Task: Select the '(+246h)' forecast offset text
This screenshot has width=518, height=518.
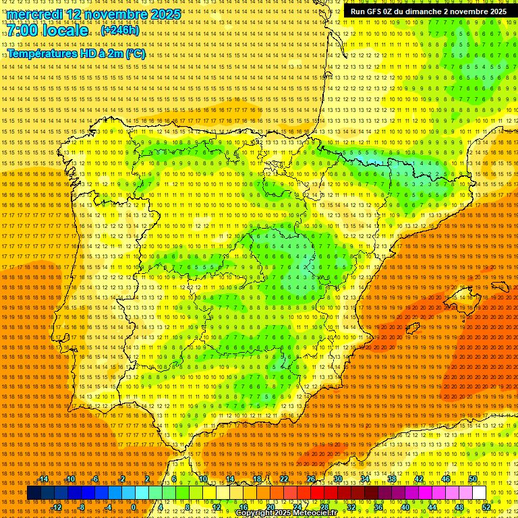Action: pyautogui.click(x=119, y=30)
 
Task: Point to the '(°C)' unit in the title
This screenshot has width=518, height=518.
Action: pyautogui.click(x=135, y=53)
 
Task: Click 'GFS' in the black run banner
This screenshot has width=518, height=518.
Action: pyautogui.click(x=378, y=11)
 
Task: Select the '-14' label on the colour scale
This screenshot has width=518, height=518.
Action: pyautogui.click(x=43, y=479)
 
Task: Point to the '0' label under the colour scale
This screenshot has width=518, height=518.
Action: pyautogui.click(x=134, y=507)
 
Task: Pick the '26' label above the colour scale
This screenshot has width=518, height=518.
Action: pyautogui.click(x=311, y=479)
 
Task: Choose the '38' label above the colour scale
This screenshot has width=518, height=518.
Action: pyautogui.click(x=392, y=479)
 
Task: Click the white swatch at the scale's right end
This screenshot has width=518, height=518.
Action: pyautogui.click(x=479, y=493)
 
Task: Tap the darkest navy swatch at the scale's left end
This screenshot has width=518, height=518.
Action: pyautogui.click(x=34, y=493)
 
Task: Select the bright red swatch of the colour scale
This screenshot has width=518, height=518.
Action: pyautogui.click(x=317, y=493)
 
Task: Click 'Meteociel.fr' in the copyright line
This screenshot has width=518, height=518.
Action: pyautogui.click(x=313, y=513)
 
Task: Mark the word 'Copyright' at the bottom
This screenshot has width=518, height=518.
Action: pyautogui.click(x=254, y=513)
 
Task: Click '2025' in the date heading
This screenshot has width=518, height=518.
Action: pyautogui.click(x=165, y=14)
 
